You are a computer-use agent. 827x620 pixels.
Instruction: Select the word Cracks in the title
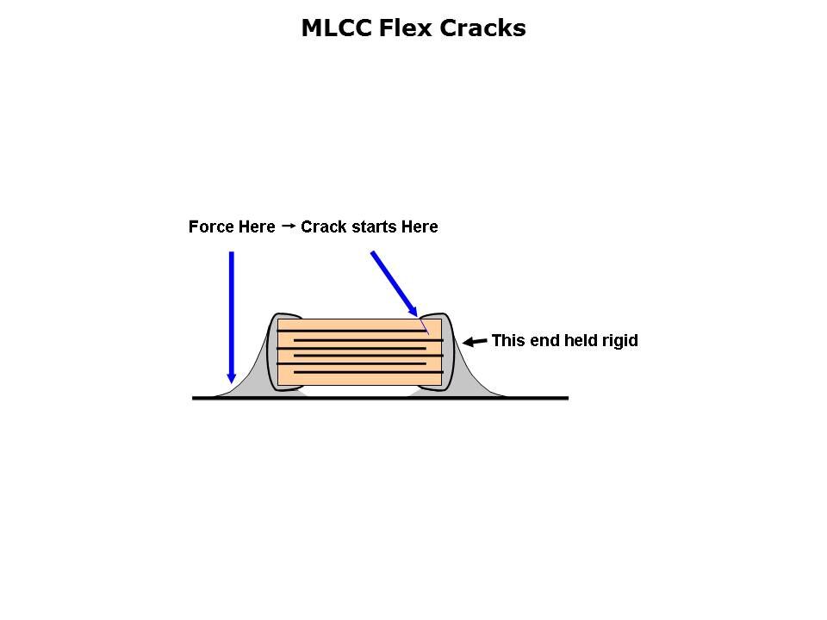coord(483,28)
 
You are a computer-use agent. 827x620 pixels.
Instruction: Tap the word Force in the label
coord(211,227)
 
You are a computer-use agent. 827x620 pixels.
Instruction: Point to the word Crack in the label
coord(323,227)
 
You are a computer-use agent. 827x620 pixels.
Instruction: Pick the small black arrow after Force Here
coord(289,226)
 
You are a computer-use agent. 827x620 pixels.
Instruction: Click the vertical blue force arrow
coord(231,310)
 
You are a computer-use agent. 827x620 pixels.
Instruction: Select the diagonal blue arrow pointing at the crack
coord(393,282)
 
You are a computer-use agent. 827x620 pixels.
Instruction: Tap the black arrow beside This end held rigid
coord(475,342)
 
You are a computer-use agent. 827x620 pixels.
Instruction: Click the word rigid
coord(619,341)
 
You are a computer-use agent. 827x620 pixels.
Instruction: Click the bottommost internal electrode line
coord(368,372)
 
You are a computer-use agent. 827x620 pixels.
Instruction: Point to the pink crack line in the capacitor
coord(425,327)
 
